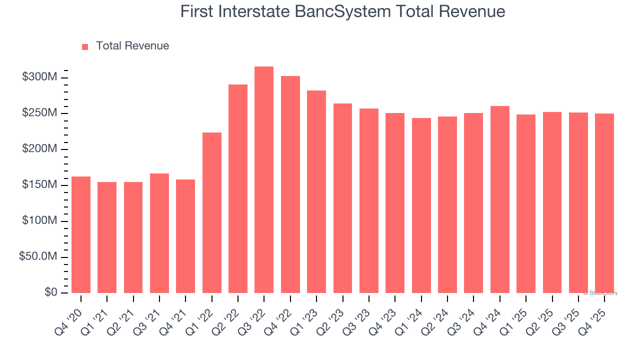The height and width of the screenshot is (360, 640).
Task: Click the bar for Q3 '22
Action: tap(264, 180)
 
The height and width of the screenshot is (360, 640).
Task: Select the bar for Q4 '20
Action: tap(81, 235)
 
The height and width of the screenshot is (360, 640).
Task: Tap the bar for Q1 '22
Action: tap(212, 213)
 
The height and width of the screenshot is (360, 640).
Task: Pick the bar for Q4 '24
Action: tap(500, 199)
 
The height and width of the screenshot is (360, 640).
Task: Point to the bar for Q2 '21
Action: tap(133, 237)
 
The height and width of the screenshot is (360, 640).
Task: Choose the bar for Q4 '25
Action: tap(604, 203)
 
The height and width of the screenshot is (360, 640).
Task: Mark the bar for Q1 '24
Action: tap(421, 205)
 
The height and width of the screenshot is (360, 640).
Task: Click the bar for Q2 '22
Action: tap(238, 189)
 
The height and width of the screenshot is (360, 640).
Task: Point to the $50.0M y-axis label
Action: tap(38, 257)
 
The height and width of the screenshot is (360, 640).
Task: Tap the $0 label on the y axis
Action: tap(50, 292)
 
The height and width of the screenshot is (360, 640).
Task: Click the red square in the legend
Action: tap(85, 47)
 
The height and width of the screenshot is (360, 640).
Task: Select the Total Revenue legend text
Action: tap(132, 46)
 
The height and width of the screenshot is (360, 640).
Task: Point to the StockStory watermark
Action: tap(600, 293)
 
